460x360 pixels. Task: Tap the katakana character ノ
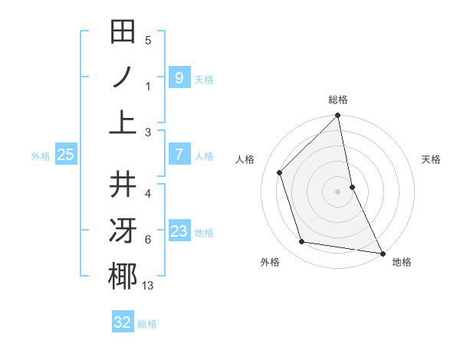click(123, 77)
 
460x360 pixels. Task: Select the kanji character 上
click(123, 122)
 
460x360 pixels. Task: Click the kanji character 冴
click(123, 231)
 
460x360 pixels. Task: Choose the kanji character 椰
click(123, 276)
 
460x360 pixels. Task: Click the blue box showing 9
click(179, 77)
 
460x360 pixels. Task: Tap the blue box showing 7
click(179, 155)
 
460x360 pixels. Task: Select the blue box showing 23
click(179, 231)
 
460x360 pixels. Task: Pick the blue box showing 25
click(65, 155)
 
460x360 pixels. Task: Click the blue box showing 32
click(123, 322)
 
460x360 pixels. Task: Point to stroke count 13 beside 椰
click(148, 286)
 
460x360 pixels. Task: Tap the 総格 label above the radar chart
click(338, 100)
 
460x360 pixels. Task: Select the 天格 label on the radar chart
click(432, 159)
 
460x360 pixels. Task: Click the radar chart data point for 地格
click(382, 253)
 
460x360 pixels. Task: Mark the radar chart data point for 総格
click(338, 116)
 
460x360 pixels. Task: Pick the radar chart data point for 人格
click(280, 172)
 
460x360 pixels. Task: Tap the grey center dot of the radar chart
click(338, 191)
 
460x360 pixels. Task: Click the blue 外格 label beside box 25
click(40, 156)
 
